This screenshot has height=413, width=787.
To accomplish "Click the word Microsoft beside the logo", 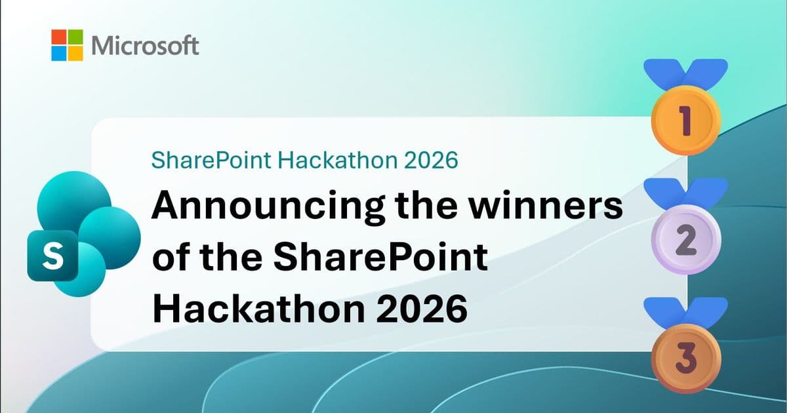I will click(x=146, y=45).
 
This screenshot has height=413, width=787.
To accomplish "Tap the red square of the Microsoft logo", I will click(x=59, y=37).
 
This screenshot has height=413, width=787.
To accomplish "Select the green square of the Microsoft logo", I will click(x=76, y=37).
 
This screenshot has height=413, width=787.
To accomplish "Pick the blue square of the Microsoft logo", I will click(x=59, y=53).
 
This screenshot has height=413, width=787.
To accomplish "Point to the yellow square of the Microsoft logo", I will click(x=76, y=53).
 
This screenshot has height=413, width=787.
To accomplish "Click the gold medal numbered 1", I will click(x=685, y=121).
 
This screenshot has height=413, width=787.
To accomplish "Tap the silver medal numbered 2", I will click(x=685, y=239).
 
